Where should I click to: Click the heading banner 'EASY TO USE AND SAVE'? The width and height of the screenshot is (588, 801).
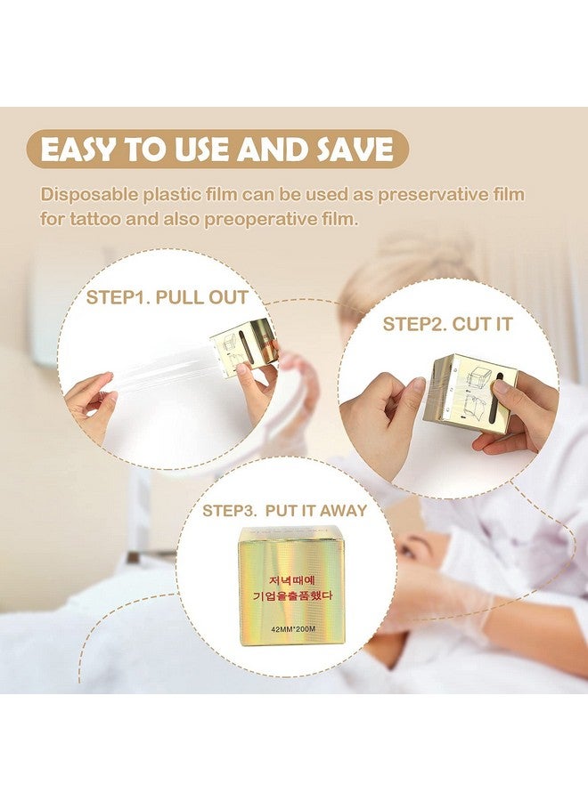(x=217, y=150)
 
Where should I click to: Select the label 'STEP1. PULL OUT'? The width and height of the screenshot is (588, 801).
(x=167, y=297)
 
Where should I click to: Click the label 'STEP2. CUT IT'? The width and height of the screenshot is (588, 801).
(x=447, y=324)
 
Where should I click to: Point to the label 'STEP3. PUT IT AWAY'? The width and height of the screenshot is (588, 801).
(x=284, y=511)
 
